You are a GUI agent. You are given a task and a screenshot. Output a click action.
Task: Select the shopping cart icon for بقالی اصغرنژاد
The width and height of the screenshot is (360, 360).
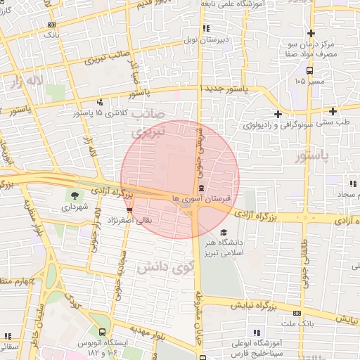click(129, 209)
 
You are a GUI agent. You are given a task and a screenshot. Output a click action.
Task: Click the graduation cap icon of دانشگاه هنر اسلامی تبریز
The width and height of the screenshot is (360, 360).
click(224, 233)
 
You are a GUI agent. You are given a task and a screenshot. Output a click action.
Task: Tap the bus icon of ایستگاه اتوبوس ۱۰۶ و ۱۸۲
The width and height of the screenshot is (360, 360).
click(103, 332)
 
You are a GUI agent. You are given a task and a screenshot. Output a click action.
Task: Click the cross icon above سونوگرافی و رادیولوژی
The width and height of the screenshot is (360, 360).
click(278, 113)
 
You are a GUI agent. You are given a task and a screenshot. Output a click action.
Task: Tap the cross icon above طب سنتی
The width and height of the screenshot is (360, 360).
click(333, 111)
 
